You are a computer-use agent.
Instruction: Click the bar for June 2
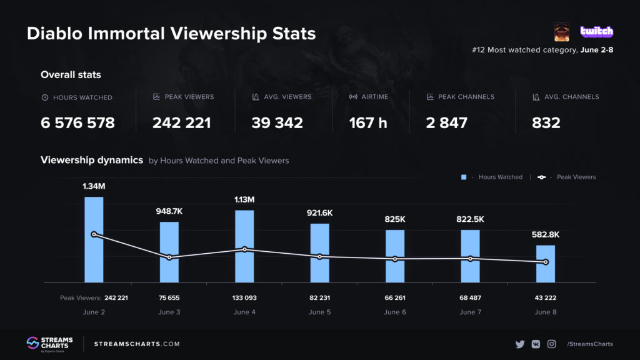tap(94, 240)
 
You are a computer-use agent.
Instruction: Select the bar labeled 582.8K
tap(546, 264)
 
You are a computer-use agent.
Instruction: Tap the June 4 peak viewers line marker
tap(244, 249)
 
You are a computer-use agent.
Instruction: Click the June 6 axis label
tap(395, 312)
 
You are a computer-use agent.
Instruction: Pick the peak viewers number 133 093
tap(244, 298)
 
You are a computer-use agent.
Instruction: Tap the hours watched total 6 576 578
tap(77, 123)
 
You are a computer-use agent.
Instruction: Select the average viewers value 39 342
tap(277, 123)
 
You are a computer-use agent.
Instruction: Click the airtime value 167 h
tap(368, 123)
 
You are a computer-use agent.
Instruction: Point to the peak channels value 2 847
tap(447, 123)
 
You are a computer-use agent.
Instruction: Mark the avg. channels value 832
tap(546, 123)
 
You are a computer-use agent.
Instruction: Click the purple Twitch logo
tap(597, 31)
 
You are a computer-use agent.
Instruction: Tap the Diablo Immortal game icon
tap(561, 32)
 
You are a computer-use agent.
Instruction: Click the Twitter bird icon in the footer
tap(519, 344)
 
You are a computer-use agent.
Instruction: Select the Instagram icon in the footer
tap(552, 344)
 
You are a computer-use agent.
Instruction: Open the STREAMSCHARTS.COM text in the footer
tap(137, 344)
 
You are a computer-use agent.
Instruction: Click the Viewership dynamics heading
tap(92, 160)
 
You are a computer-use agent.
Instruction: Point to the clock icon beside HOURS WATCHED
tap(44, 97)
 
